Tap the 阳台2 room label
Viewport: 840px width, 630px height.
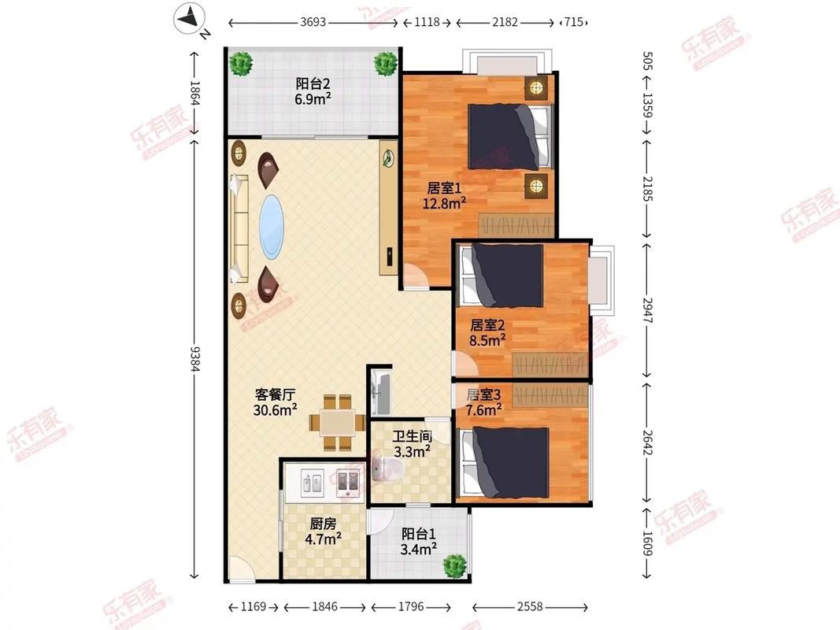pos(313,83)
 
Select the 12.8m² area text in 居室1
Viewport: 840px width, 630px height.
pos(445,202)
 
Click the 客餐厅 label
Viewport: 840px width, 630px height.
pos(275,395)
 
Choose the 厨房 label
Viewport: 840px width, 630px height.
pos(323,524)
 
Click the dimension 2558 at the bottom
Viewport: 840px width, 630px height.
pos(531,607)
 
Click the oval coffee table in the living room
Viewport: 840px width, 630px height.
pos(272,227)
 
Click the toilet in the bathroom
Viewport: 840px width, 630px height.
pos(388,472)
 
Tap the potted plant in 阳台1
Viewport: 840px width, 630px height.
pos(453,565)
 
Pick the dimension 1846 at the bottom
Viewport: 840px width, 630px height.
pos(324,607)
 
